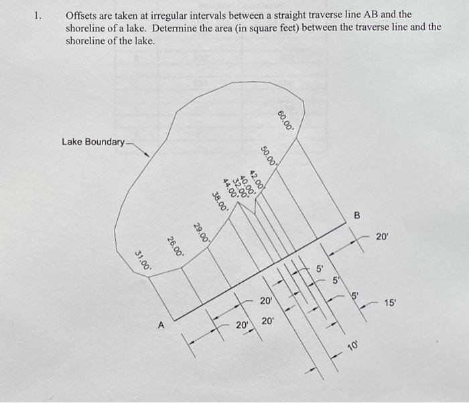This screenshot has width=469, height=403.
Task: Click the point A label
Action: point(161,326)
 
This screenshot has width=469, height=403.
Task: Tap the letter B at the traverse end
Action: point(356,216)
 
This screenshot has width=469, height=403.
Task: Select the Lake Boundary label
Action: point(93,142)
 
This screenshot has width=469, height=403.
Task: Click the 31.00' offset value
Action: point(143,259)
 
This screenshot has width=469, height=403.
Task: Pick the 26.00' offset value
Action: point(175,246)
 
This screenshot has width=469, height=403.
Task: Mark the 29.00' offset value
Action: point(202,231)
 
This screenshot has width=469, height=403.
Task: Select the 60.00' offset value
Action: point(285,120)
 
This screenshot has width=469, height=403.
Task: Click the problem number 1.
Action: point(39,14)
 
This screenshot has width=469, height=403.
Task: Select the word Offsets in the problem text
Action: point(81,14)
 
